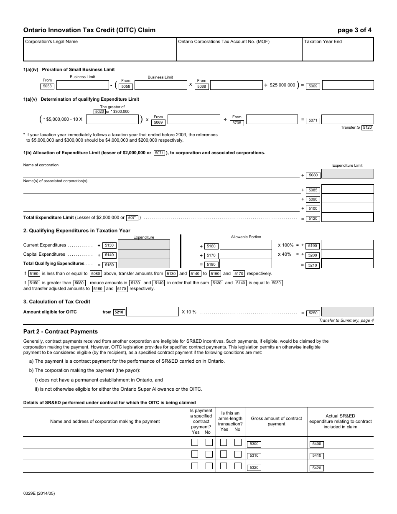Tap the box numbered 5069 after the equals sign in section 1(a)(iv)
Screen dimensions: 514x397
coord(313,86)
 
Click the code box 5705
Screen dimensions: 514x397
coord(237,123)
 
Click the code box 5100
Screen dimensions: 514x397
coord(313,209)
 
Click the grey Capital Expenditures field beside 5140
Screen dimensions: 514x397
coord(144,254)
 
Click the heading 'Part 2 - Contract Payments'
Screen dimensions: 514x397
coord(61,332)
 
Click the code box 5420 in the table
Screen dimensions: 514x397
coord(317,468)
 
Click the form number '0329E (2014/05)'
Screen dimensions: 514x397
coord(39,494)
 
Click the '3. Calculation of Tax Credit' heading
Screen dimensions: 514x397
coord(57,302)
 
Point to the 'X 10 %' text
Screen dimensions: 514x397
coord(189,312)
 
